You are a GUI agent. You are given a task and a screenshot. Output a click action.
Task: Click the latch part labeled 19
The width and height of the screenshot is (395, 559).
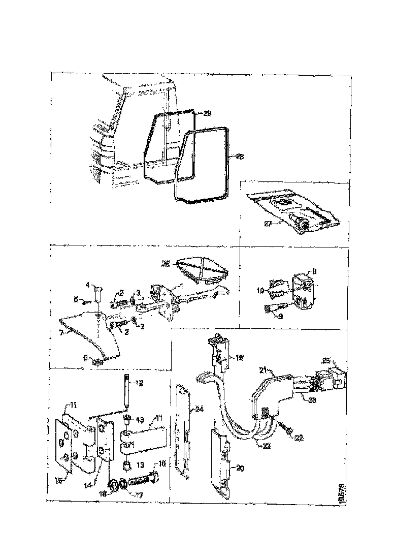[219, 354]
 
